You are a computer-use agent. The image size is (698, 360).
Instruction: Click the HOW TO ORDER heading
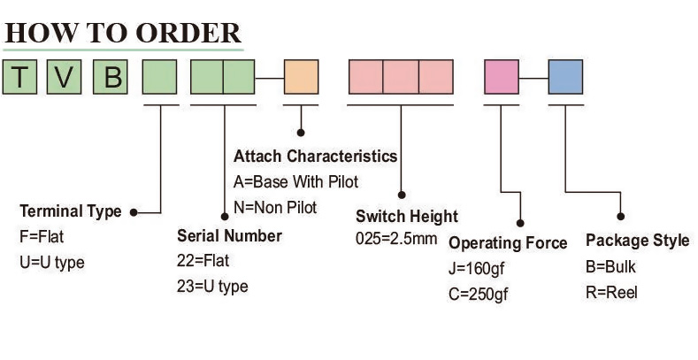click(x=123, y=32)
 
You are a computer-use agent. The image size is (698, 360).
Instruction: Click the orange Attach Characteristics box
click(x=300, y=77)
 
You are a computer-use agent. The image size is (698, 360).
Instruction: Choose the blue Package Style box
click(x=565, y=77)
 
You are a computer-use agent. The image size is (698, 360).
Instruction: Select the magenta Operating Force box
click(x=502, y=77)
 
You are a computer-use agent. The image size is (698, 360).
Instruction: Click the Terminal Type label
click(x=70, y=212)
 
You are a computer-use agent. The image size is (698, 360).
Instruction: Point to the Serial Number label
click(x=229, y=236)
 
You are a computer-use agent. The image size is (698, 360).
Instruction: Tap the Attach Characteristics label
click(x=315, y=157)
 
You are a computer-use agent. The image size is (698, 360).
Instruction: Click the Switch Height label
click(x=407, y=217)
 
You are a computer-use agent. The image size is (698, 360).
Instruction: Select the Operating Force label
click(x=508, y=243)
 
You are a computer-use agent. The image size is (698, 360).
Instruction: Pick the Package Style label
click(x=637, y=241)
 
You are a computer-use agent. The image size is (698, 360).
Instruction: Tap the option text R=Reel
click(x=611, y=293)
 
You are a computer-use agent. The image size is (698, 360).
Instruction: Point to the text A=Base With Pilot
click(x=295, y=182)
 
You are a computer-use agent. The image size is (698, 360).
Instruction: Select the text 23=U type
click(x=212, y=287)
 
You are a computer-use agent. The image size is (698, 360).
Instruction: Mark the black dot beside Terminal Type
click(x=133, y=212)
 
